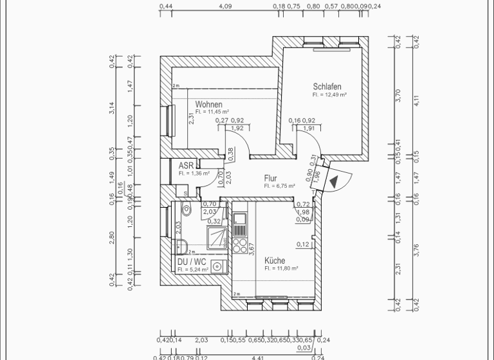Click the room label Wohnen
click(209, 104)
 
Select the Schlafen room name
click(327, 87)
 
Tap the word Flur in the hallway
click(270, 178)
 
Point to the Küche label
click(275, 260)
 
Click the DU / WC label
click(192, 262)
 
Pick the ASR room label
click(186, 165)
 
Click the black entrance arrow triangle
click(334, 181)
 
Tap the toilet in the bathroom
click(187, 208)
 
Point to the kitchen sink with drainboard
click(239, 225)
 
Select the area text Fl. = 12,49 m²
click(329, 94)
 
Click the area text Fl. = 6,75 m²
click(279, 186)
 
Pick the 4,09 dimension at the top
click(225, 6)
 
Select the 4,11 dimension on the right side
click(416, 100)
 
